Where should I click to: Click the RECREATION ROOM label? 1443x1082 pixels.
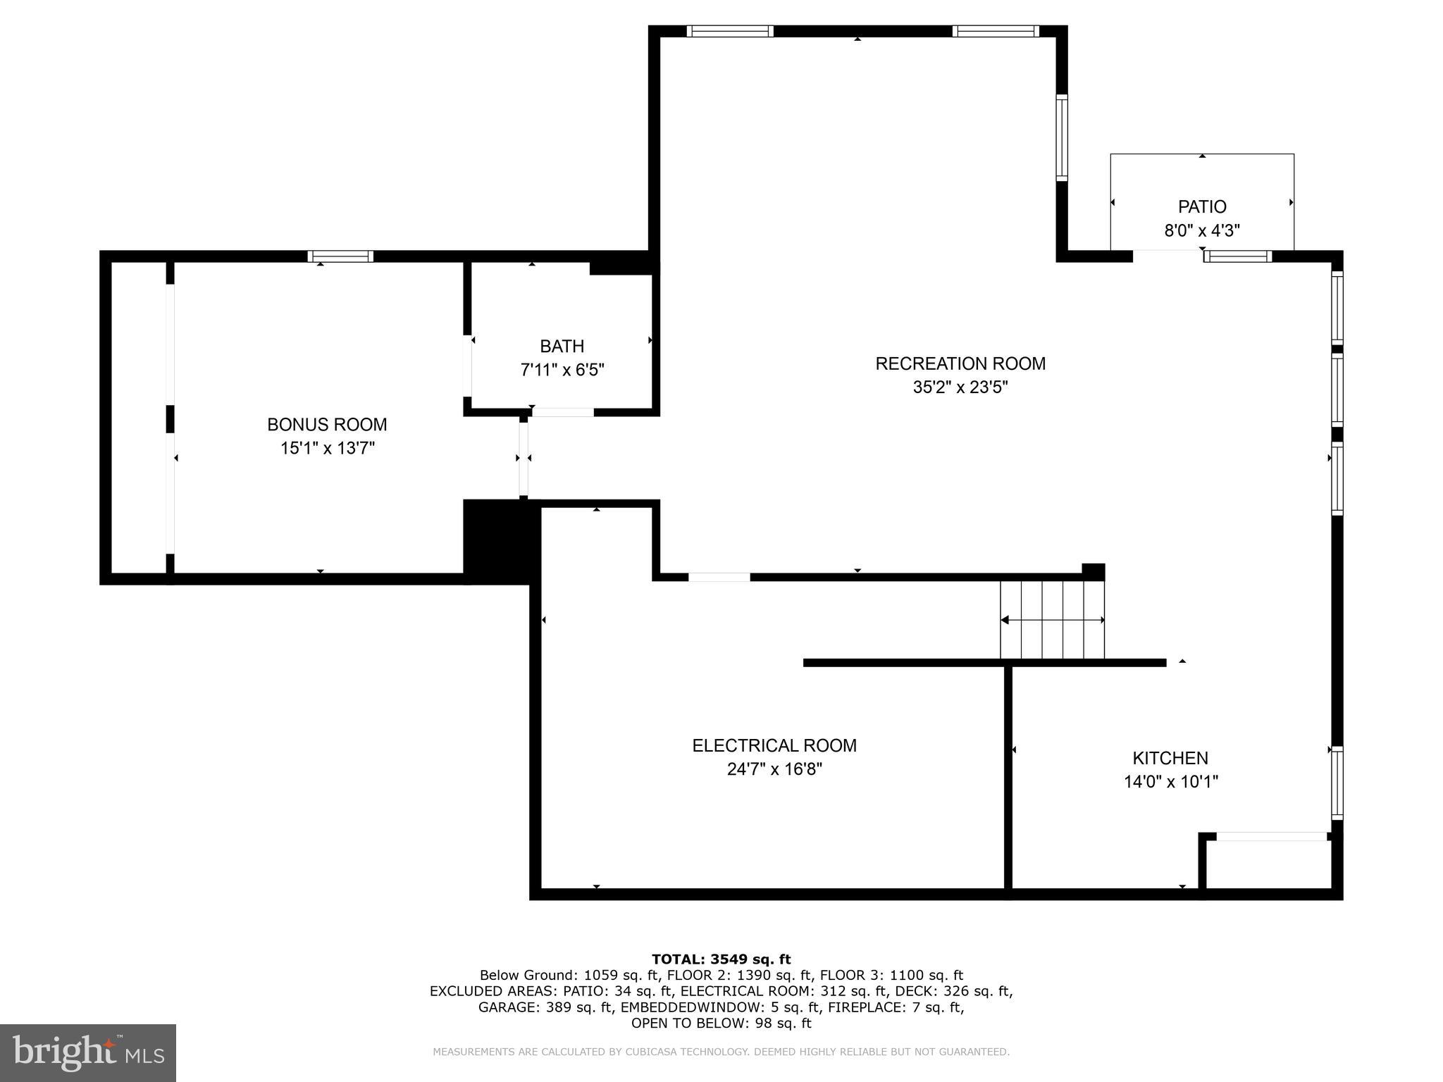(x=960, y=363)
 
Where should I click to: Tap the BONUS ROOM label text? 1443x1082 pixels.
(x=327, y=425)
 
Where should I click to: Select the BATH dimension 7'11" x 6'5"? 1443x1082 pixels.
(x=562, y=370)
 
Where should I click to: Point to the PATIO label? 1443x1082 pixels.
(x=1202, y=207)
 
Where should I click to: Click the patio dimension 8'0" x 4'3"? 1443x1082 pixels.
(x=1202, y=230)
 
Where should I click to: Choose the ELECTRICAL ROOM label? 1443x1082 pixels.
(x=774, y=745)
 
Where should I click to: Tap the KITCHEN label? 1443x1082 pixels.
(x=1170, y=758)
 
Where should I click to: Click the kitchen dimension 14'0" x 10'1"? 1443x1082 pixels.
(x=1170, y=781)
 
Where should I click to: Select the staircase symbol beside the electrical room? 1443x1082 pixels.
(x=1052, y=620)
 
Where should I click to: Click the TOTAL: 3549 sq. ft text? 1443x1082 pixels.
(x=721, y=959)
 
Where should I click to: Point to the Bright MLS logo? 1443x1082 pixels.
(x=88, y=1052)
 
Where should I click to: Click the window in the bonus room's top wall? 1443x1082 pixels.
(x=340, y=256)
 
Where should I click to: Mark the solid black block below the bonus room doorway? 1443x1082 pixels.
(x=497, y=541)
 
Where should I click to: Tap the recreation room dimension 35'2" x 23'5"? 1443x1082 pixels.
(x=960, y=387)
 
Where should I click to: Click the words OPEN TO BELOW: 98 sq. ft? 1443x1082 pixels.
(x=721, y=1023)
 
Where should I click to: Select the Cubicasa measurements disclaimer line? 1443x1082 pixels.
(x=721, y=1052)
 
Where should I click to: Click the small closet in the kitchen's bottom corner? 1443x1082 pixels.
(x=1268, y=864)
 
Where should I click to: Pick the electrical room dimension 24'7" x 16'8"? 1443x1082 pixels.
(x=774, y=769)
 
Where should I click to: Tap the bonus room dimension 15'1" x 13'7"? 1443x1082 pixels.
(x=327, y=448)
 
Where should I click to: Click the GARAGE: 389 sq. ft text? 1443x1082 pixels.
(x=545, y=1007)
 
